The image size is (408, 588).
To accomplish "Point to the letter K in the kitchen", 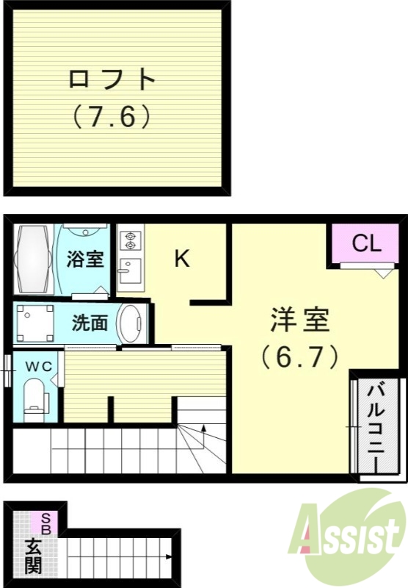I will click(182, 259).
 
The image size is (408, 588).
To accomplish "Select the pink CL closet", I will click(365, 244).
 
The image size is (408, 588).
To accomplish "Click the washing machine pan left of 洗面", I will click(34, 323).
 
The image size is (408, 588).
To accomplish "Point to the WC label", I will click(35, 365).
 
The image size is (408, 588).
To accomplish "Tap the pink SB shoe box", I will click(44, 523).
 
